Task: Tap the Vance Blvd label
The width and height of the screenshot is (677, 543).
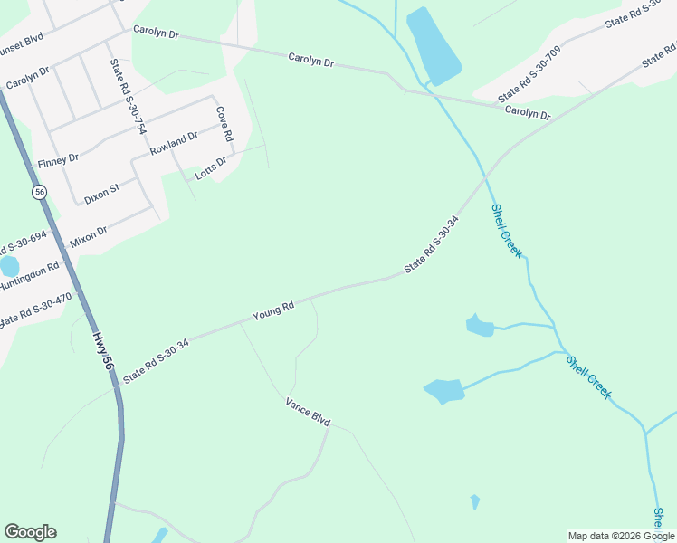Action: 308,412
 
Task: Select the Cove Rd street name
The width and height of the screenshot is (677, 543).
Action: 223,125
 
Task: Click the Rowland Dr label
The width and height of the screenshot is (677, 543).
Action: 174,143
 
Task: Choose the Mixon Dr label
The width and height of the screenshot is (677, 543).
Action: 89,237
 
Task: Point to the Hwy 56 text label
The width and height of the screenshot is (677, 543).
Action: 102,349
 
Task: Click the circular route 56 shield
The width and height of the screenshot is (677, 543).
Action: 39,192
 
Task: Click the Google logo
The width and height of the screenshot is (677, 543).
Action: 30,532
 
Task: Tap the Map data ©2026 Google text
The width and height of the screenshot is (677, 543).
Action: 621,536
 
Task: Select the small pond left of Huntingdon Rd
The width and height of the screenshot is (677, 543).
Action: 8,266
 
